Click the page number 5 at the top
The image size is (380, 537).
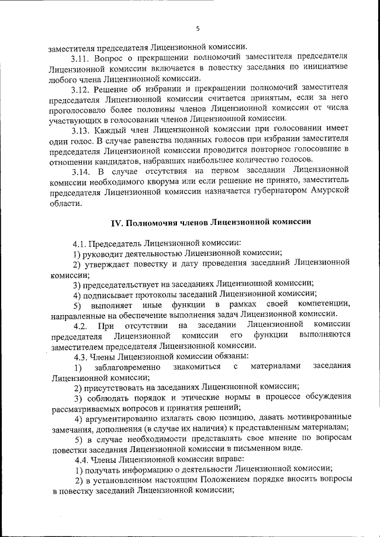point(198,28)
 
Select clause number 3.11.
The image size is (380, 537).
point(80,59)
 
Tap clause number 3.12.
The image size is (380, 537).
point(80,90)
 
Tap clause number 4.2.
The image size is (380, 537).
point(81,325)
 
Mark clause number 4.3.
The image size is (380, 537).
point(81,356)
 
